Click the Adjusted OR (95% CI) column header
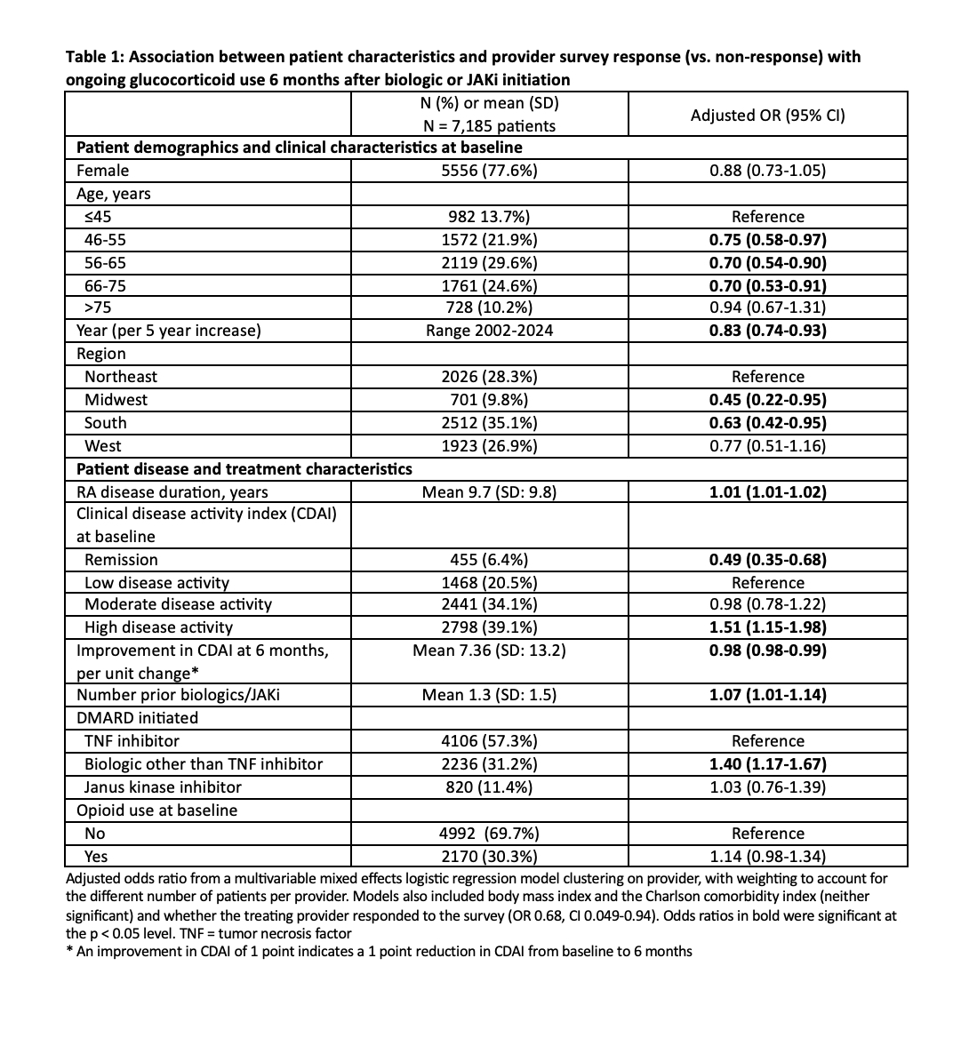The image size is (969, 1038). [x=767, y=115]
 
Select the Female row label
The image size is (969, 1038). [x=103, y=171]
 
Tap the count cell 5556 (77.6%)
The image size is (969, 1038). [x=489, y=171]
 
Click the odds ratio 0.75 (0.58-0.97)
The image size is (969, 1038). [x=767, y=240]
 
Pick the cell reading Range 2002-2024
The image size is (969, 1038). [x=489, y=331]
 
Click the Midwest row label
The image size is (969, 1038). [x=116, y=400]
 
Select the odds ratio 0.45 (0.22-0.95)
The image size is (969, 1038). [x=767, y=400]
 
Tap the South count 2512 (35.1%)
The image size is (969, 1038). [x=489, y=423]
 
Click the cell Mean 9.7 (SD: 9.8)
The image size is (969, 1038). [x=489, y=492]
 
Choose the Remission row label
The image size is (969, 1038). [x=121, y=560]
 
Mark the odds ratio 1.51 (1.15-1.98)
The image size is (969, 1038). [x=767, y=627]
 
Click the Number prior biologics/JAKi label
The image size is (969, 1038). [x=178, y=695]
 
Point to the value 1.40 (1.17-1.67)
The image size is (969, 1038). [x=767, y=764]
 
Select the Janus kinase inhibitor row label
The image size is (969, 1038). [x=163, y=787]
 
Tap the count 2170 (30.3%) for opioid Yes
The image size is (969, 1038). [x=489, y=857]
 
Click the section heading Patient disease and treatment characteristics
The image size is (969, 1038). [x=244, y=468]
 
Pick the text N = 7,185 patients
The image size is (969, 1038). [x=489, y=126]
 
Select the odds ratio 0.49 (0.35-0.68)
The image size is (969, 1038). [x=767, y=560]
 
